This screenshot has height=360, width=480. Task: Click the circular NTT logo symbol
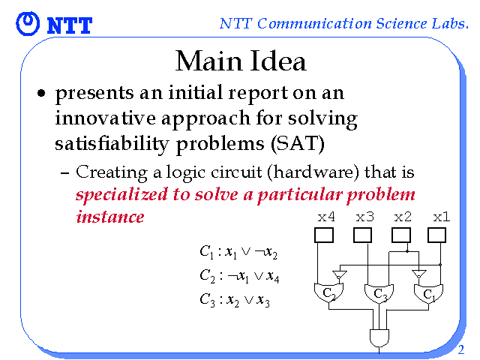(28, 23)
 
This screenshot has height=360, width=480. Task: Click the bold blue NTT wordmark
(70, 25)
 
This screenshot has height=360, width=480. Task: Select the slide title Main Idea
(241, 61)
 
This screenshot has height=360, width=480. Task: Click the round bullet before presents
(41, 93)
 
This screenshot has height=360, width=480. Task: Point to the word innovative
(105, 118)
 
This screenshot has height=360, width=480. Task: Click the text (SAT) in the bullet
(298, 143)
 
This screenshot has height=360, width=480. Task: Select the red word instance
(110, 217)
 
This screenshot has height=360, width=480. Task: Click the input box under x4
(324, 235)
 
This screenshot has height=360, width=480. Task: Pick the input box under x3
(362, 235)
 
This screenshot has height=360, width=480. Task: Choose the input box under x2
(401, 235)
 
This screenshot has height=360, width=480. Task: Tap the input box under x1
(436, 235)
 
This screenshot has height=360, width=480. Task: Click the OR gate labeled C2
(328, 292)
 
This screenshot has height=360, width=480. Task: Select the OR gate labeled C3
(379, 293)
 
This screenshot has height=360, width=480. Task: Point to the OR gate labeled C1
(428, 293)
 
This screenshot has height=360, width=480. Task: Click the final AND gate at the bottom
(379, 338)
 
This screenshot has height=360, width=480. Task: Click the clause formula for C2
(239, 276)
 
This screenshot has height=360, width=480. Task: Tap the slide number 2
(461, 349)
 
